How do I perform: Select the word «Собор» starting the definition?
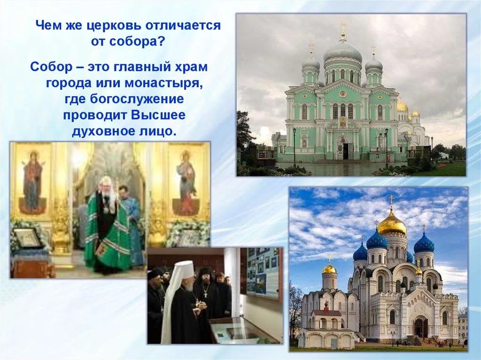tap(51, 67)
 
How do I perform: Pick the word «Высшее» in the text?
tap(159, 115)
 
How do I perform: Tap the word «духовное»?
tap(102, 131)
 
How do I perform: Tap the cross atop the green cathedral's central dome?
tap(343, 28)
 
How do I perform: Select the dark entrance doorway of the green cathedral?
tap(346, 151)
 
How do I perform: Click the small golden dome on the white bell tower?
tap(330, 269)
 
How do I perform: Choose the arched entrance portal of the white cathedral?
tap(421, 326)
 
